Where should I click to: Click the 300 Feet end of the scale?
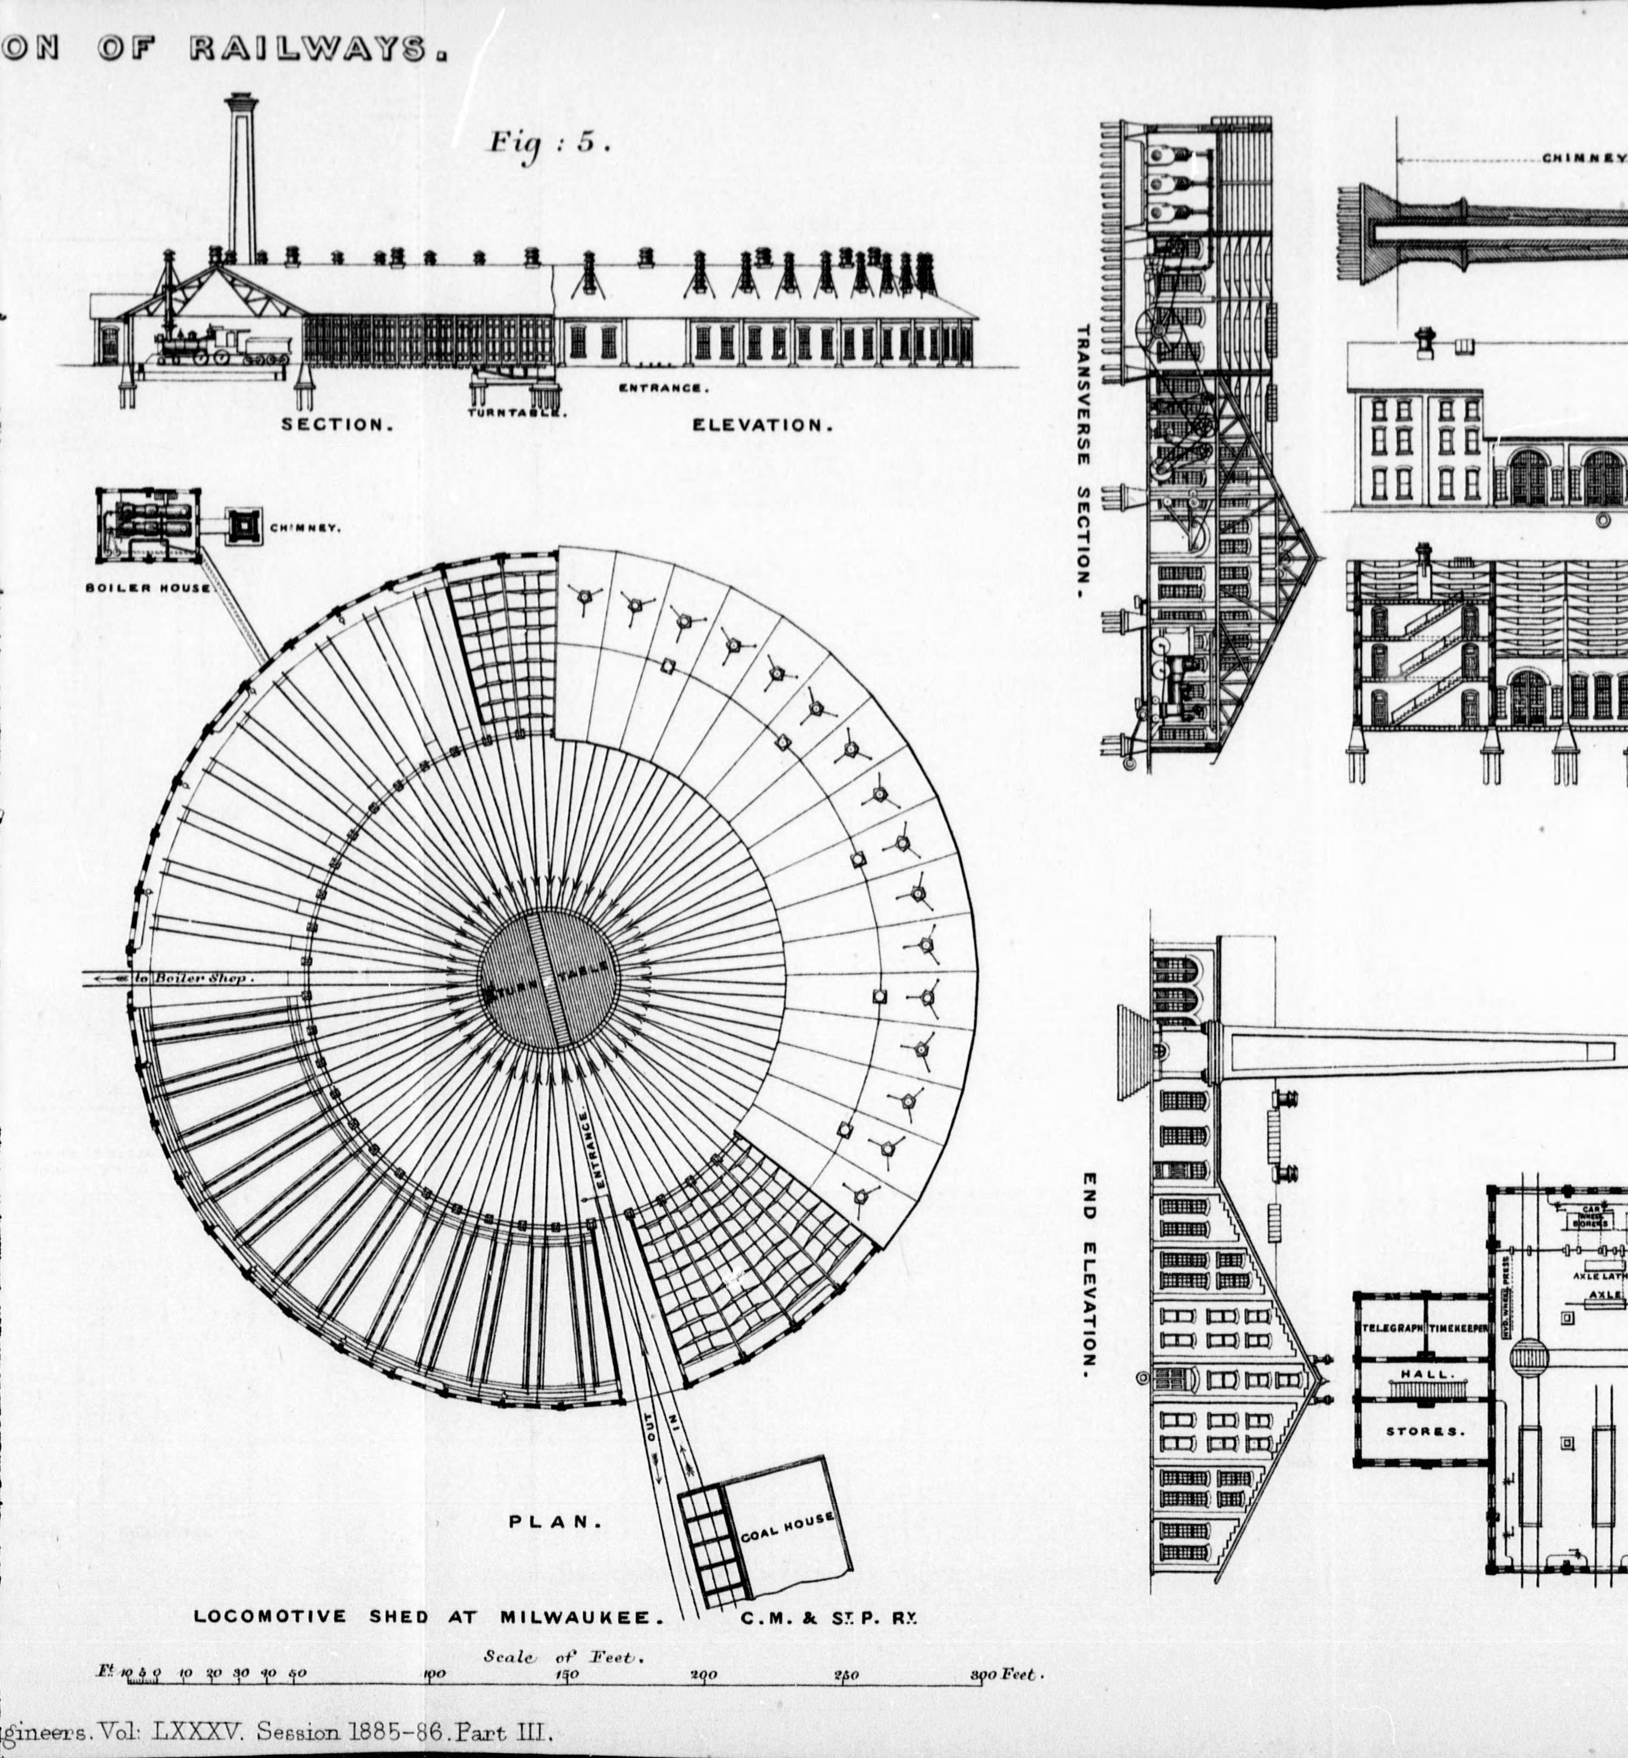1006,1675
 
